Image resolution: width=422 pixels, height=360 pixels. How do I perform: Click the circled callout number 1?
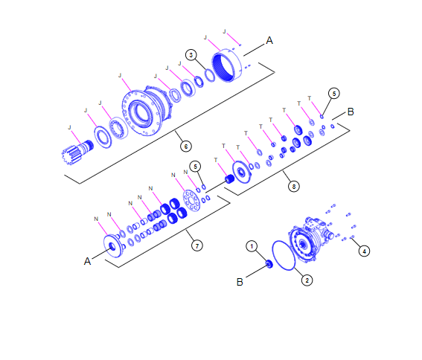(252, 245)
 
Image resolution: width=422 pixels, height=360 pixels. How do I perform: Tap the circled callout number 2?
(307, 280)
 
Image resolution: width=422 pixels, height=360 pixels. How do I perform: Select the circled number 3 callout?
(191, 55)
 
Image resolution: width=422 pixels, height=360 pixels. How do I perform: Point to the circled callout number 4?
(364, 251)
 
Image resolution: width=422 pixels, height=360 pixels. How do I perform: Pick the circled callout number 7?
(196, 245)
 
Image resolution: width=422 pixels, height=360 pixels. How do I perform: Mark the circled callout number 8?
(295, 187)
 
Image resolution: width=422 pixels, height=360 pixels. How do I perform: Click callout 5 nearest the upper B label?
(334, 93)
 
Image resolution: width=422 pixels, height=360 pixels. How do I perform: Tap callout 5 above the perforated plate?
(194, 166)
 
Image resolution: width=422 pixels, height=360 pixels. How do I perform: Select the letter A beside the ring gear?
(269, 42)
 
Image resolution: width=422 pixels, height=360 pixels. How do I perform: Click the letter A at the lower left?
(87, 261)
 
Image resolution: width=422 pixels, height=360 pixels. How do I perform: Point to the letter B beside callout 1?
(240, 282)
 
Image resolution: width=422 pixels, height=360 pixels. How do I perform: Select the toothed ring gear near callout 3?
(227, 67)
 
